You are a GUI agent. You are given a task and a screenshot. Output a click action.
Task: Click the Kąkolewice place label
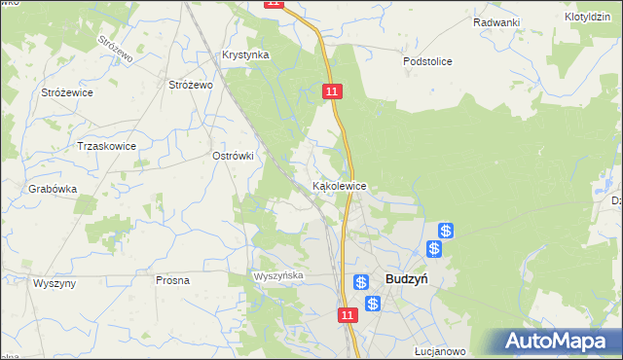[339, 185]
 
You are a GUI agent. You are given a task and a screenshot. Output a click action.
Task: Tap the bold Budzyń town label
[408, 279]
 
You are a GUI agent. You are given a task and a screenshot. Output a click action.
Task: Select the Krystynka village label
[245, 55]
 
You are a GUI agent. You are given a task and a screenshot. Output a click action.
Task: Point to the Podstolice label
[428, 60]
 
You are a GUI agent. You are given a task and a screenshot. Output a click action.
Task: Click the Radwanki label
[496, 22]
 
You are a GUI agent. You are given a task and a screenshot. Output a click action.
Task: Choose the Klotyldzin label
[588, 18]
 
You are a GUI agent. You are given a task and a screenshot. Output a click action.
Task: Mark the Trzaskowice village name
[106, 146]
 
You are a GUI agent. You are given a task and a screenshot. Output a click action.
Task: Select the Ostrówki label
[233, 155]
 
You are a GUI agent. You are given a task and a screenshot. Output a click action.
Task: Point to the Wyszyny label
[55, 282]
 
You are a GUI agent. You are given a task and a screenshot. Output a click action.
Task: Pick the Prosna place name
[172, 279]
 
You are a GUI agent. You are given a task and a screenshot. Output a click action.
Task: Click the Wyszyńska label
[279, 276]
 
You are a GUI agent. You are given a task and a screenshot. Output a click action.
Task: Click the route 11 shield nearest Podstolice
[333, 90]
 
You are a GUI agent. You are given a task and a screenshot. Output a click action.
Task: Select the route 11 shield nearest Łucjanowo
[348, 315]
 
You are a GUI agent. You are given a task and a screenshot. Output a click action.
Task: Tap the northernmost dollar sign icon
[445, 231]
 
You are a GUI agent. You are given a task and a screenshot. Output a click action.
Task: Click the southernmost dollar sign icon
[373, 305]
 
